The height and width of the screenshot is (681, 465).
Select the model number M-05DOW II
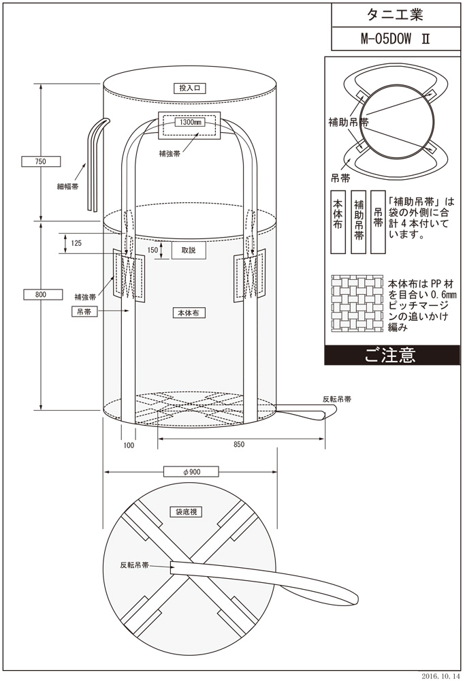tap(394, 39)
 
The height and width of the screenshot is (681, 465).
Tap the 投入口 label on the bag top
tap(192, 88)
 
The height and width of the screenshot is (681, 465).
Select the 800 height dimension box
tap(40, 294)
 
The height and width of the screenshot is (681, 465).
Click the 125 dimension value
tap(76, 243)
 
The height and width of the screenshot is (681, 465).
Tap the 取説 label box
tap(189, 250)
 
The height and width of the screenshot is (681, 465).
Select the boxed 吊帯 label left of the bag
tap(86, 311)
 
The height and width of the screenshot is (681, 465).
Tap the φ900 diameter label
tap(191, 471)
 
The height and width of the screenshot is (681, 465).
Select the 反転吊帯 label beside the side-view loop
tap(338, 400)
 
